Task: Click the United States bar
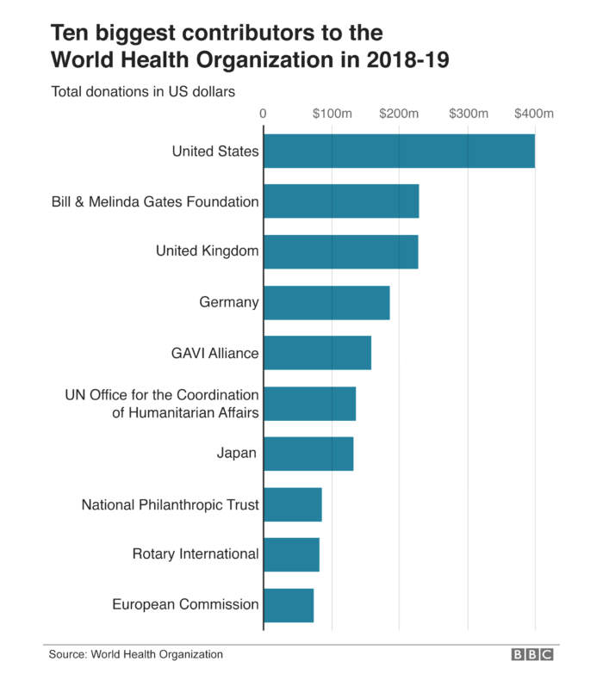[399, 151]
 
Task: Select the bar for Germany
[326, 303]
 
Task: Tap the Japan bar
[308, 454]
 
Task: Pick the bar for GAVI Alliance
[317, 353]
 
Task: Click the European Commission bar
[289, 605]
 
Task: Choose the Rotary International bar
[291, 554]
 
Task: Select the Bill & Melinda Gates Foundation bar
[341, 201]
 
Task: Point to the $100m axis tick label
[332, 114]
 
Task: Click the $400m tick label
[534, 114]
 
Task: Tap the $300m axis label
[469, 114]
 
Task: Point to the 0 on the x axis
[263, 114]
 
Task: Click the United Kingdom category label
[207, 251]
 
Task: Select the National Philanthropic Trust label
[170, 504]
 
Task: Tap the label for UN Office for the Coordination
[162, 395]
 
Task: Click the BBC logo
[532, 655]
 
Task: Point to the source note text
[135, 655]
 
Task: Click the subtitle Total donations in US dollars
[143, 90]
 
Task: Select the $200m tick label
[400, 114]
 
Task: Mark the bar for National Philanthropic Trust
[293, 504]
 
